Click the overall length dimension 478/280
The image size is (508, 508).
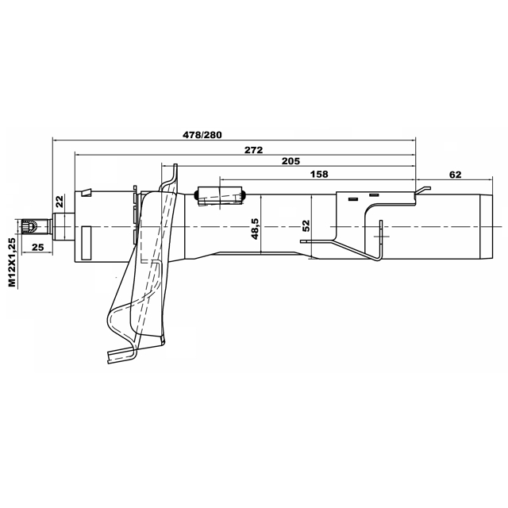click(202, 134)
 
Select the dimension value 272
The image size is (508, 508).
click(254, 148)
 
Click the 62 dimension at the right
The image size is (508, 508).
click(455, 174)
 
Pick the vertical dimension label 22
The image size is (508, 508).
click(60, 202)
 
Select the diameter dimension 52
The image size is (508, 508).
click(306, 227)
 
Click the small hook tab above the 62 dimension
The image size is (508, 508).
click(425, 189)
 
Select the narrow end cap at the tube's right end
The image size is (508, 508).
click(479, 226)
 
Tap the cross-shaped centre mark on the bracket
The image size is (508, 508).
click(380, 237)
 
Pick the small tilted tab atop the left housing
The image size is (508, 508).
click(87, 191)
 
